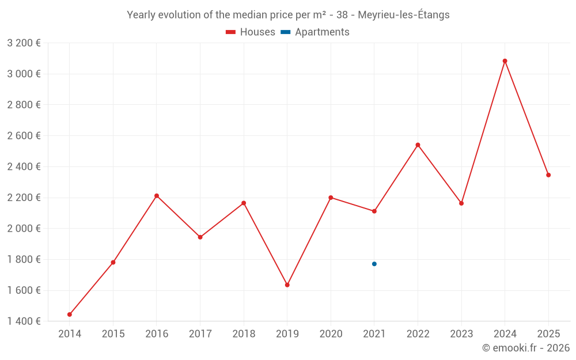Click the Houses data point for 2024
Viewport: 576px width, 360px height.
coord(505,61)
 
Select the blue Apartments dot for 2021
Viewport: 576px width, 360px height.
coord(374,264)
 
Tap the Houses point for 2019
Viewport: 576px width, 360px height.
coord(287,285)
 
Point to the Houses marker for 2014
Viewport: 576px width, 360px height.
coord(70,314)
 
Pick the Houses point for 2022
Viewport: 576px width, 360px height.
coord(418,145)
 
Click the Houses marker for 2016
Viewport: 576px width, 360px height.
coord(157,196)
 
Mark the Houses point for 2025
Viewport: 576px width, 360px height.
coord(548,175)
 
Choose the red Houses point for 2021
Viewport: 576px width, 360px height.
coord(374,211)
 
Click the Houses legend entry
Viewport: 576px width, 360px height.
coord(251,32)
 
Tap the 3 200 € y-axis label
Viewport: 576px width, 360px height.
coord(24,43)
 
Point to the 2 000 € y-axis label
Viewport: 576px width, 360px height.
coord(24,229)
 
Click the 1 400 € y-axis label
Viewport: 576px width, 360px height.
coord(24,321)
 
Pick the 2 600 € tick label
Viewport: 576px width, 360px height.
coord(24,136)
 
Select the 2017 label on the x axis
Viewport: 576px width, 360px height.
coord(200,334)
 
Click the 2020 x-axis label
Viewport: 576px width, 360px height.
coord(331,334)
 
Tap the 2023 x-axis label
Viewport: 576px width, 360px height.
coord(461,334)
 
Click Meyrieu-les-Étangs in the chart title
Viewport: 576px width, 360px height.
coord(404,15)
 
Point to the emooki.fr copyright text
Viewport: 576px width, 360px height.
coord(525,348)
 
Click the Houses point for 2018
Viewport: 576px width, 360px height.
coord(244,203)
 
